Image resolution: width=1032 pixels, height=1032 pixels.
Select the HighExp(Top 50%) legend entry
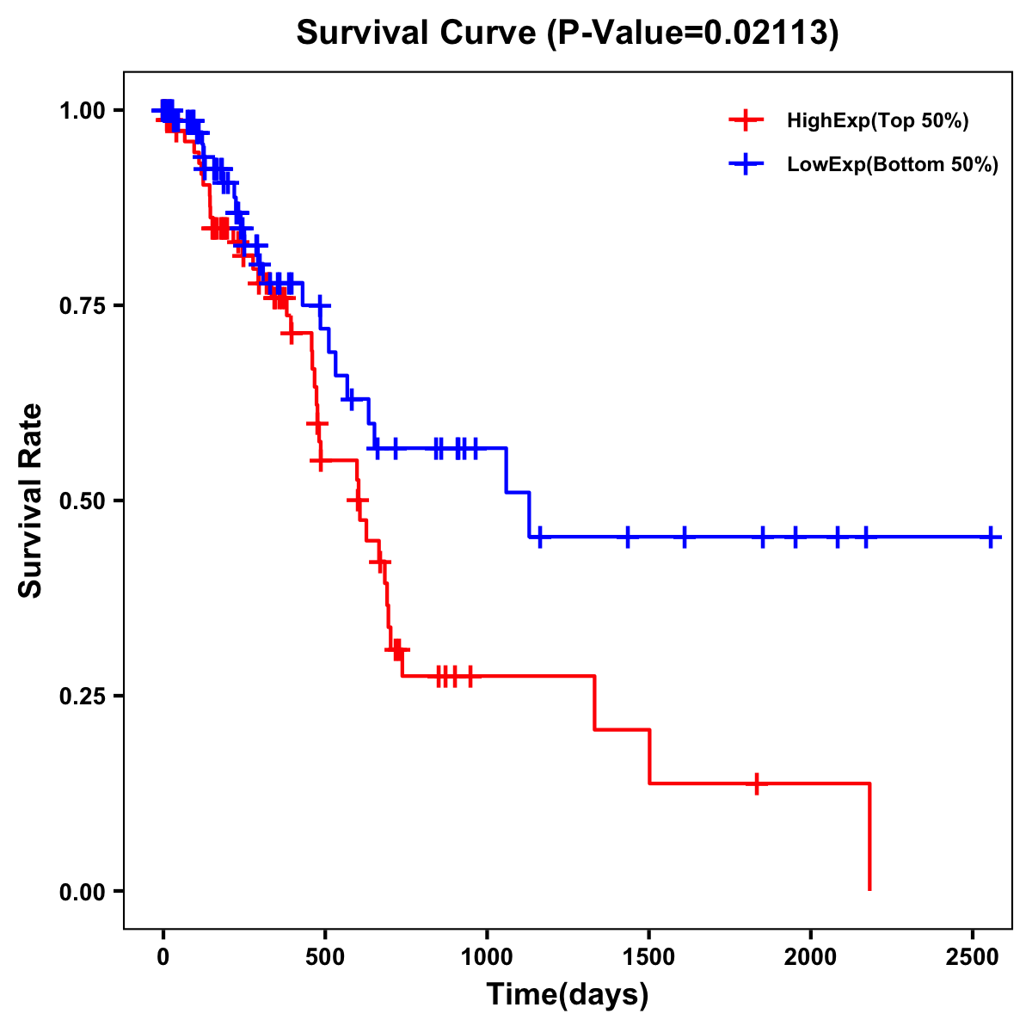pyautogui.click(x=877, y=121)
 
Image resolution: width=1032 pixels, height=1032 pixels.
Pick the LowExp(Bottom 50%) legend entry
pyautogui.click(x=892, y=165)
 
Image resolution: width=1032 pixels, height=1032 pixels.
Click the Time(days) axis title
pyautogui.click(x=568, y=995)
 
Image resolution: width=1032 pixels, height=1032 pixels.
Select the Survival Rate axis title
pyautogui.click(x=31, y=501)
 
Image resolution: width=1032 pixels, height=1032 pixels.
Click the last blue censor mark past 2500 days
pyautogui.click(x=991, y=537)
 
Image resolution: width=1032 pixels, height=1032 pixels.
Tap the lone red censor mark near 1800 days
pyautogui.click(x=757, y=783)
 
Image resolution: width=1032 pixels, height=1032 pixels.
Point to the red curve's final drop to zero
pyautogui.click(x=869, y=838)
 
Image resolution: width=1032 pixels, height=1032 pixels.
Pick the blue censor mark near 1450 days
pyautogui.click(x=628, y=537)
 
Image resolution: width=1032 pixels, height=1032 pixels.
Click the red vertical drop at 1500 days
pyautogui.click(x=649, y=757)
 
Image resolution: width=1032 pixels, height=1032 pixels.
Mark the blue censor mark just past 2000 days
pyautogui.click(x=838, y=537)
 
